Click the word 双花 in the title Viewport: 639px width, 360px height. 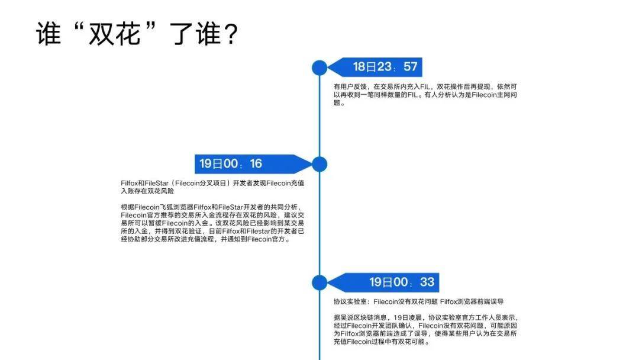115,33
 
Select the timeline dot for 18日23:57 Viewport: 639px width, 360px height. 319,67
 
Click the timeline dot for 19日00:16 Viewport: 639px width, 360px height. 319,164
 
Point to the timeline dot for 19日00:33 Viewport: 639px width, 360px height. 319,282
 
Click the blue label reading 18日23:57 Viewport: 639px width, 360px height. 375,67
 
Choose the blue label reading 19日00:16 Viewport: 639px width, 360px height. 253,164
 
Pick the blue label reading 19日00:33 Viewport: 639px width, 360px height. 383,282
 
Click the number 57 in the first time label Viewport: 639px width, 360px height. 411,67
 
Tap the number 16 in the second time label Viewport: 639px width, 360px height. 256,164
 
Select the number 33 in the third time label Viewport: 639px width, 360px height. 428,282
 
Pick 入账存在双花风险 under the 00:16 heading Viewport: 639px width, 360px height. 147,191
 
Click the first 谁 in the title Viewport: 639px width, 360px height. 49,33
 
